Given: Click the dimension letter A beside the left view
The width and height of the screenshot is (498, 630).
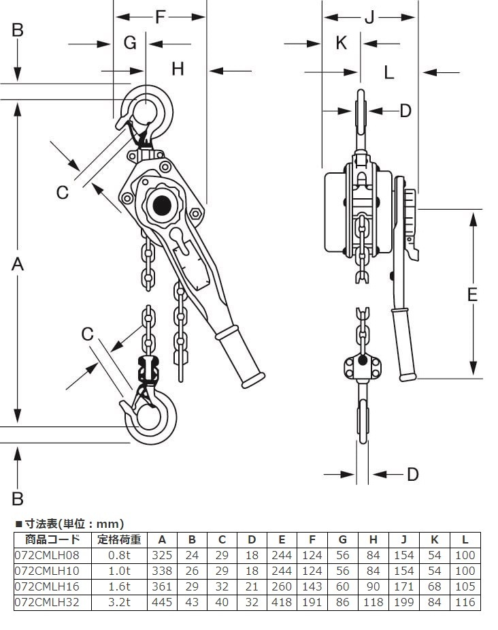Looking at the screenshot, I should [x=18, y=264].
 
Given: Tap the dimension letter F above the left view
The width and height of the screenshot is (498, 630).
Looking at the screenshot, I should [x=161, y=16].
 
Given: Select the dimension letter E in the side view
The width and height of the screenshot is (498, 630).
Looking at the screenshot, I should [x=472, y=294].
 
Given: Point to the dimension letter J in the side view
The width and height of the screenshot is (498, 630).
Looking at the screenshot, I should [x=369, y=17].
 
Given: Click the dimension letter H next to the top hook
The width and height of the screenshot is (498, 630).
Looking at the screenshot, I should [x=178, y=68].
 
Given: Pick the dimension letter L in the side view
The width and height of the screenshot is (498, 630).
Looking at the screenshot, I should [x=388, y=72].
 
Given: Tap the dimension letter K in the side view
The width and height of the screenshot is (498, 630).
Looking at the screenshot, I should [x=342, y=43].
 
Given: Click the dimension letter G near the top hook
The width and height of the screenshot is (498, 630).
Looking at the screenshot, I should [x=130, y=43].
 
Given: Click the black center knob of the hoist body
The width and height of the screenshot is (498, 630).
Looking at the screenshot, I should [x=162, y=204].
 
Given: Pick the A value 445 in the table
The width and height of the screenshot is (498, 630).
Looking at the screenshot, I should [x=162, y=602].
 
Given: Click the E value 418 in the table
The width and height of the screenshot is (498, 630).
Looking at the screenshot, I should [x=282, y=602].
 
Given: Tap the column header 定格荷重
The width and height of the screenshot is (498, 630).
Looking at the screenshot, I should [x=119, y=539].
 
